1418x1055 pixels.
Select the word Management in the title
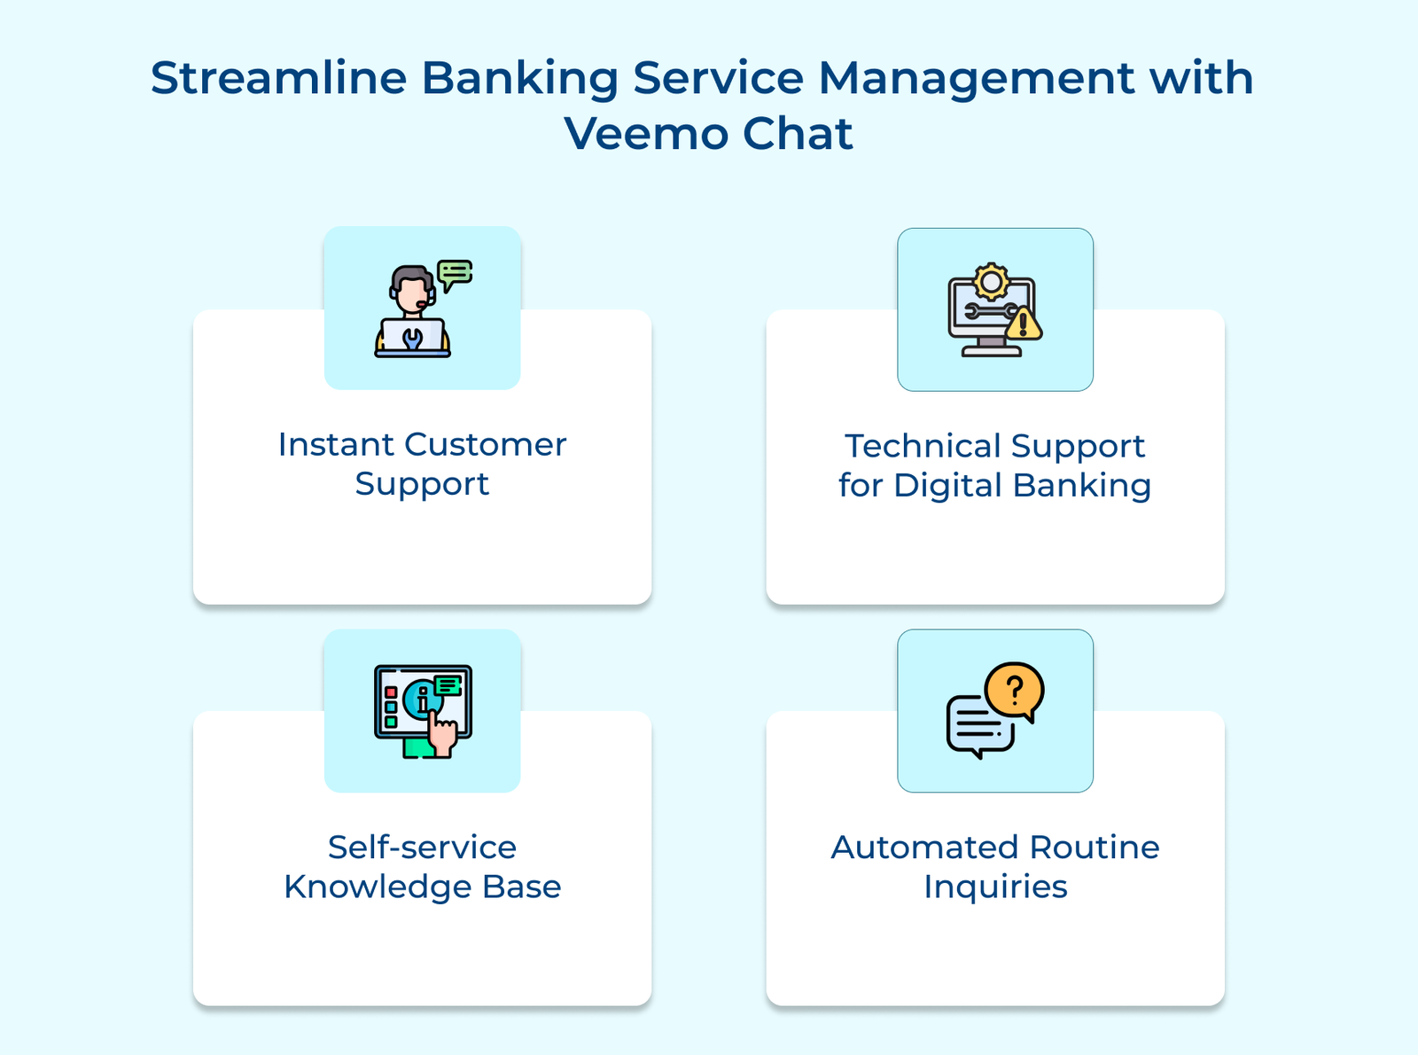975,80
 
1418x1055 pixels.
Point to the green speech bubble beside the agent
456,273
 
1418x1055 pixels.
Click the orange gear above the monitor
991,282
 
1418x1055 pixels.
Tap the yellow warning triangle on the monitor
1024,324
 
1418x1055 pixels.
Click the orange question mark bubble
1016,691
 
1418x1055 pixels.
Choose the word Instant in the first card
335,444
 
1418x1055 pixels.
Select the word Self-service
422,848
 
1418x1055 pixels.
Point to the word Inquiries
995,887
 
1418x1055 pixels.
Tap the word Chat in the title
797,134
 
